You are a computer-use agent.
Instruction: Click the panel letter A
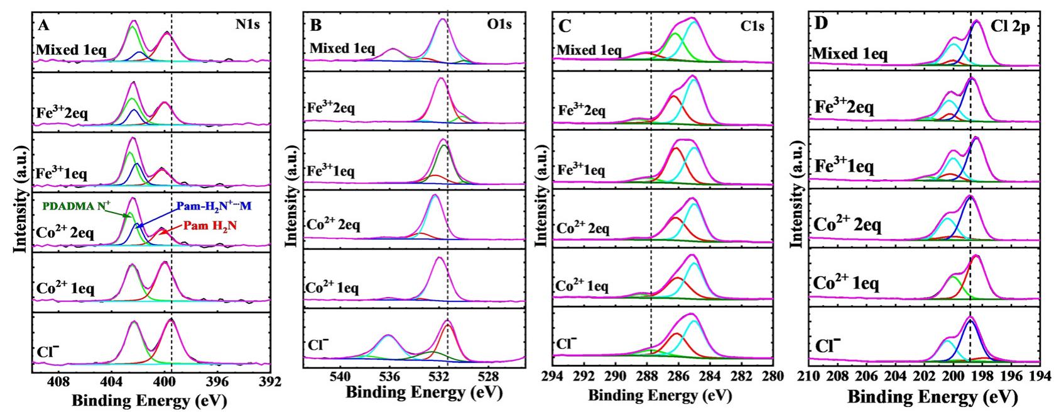click(43, 26)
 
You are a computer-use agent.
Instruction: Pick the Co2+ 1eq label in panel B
click(333, 287)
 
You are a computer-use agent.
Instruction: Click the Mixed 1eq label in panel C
click(589, 50)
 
